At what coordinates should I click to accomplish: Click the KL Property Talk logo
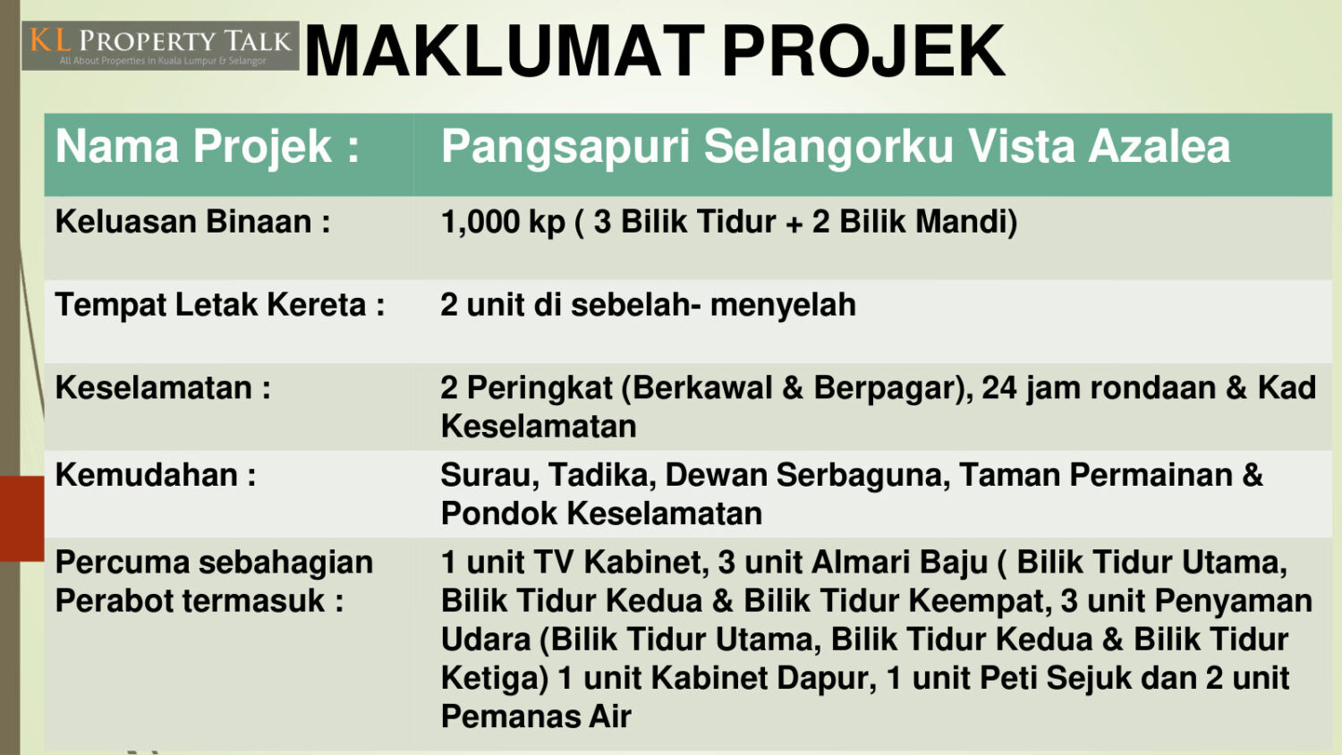pos(160,46)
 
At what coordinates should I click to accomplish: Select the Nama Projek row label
pos(208,147)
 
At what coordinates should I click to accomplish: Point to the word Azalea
pos(1159,146)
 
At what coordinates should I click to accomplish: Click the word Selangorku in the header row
pos(828,148)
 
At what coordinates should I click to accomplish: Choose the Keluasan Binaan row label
pos(193,221)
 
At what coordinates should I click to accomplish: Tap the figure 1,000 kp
pos(503,223)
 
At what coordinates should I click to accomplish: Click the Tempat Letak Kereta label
pos(220,304)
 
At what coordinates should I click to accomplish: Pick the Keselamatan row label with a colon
pos(163,387)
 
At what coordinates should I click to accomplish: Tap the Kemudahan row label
pos(156,475)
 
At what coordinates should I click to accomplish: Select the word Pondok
pos(499,513)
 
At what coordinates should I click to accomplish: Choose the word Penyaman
pos(1233,602)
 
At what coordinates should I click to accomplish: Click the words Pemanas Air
pos(536,717)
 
